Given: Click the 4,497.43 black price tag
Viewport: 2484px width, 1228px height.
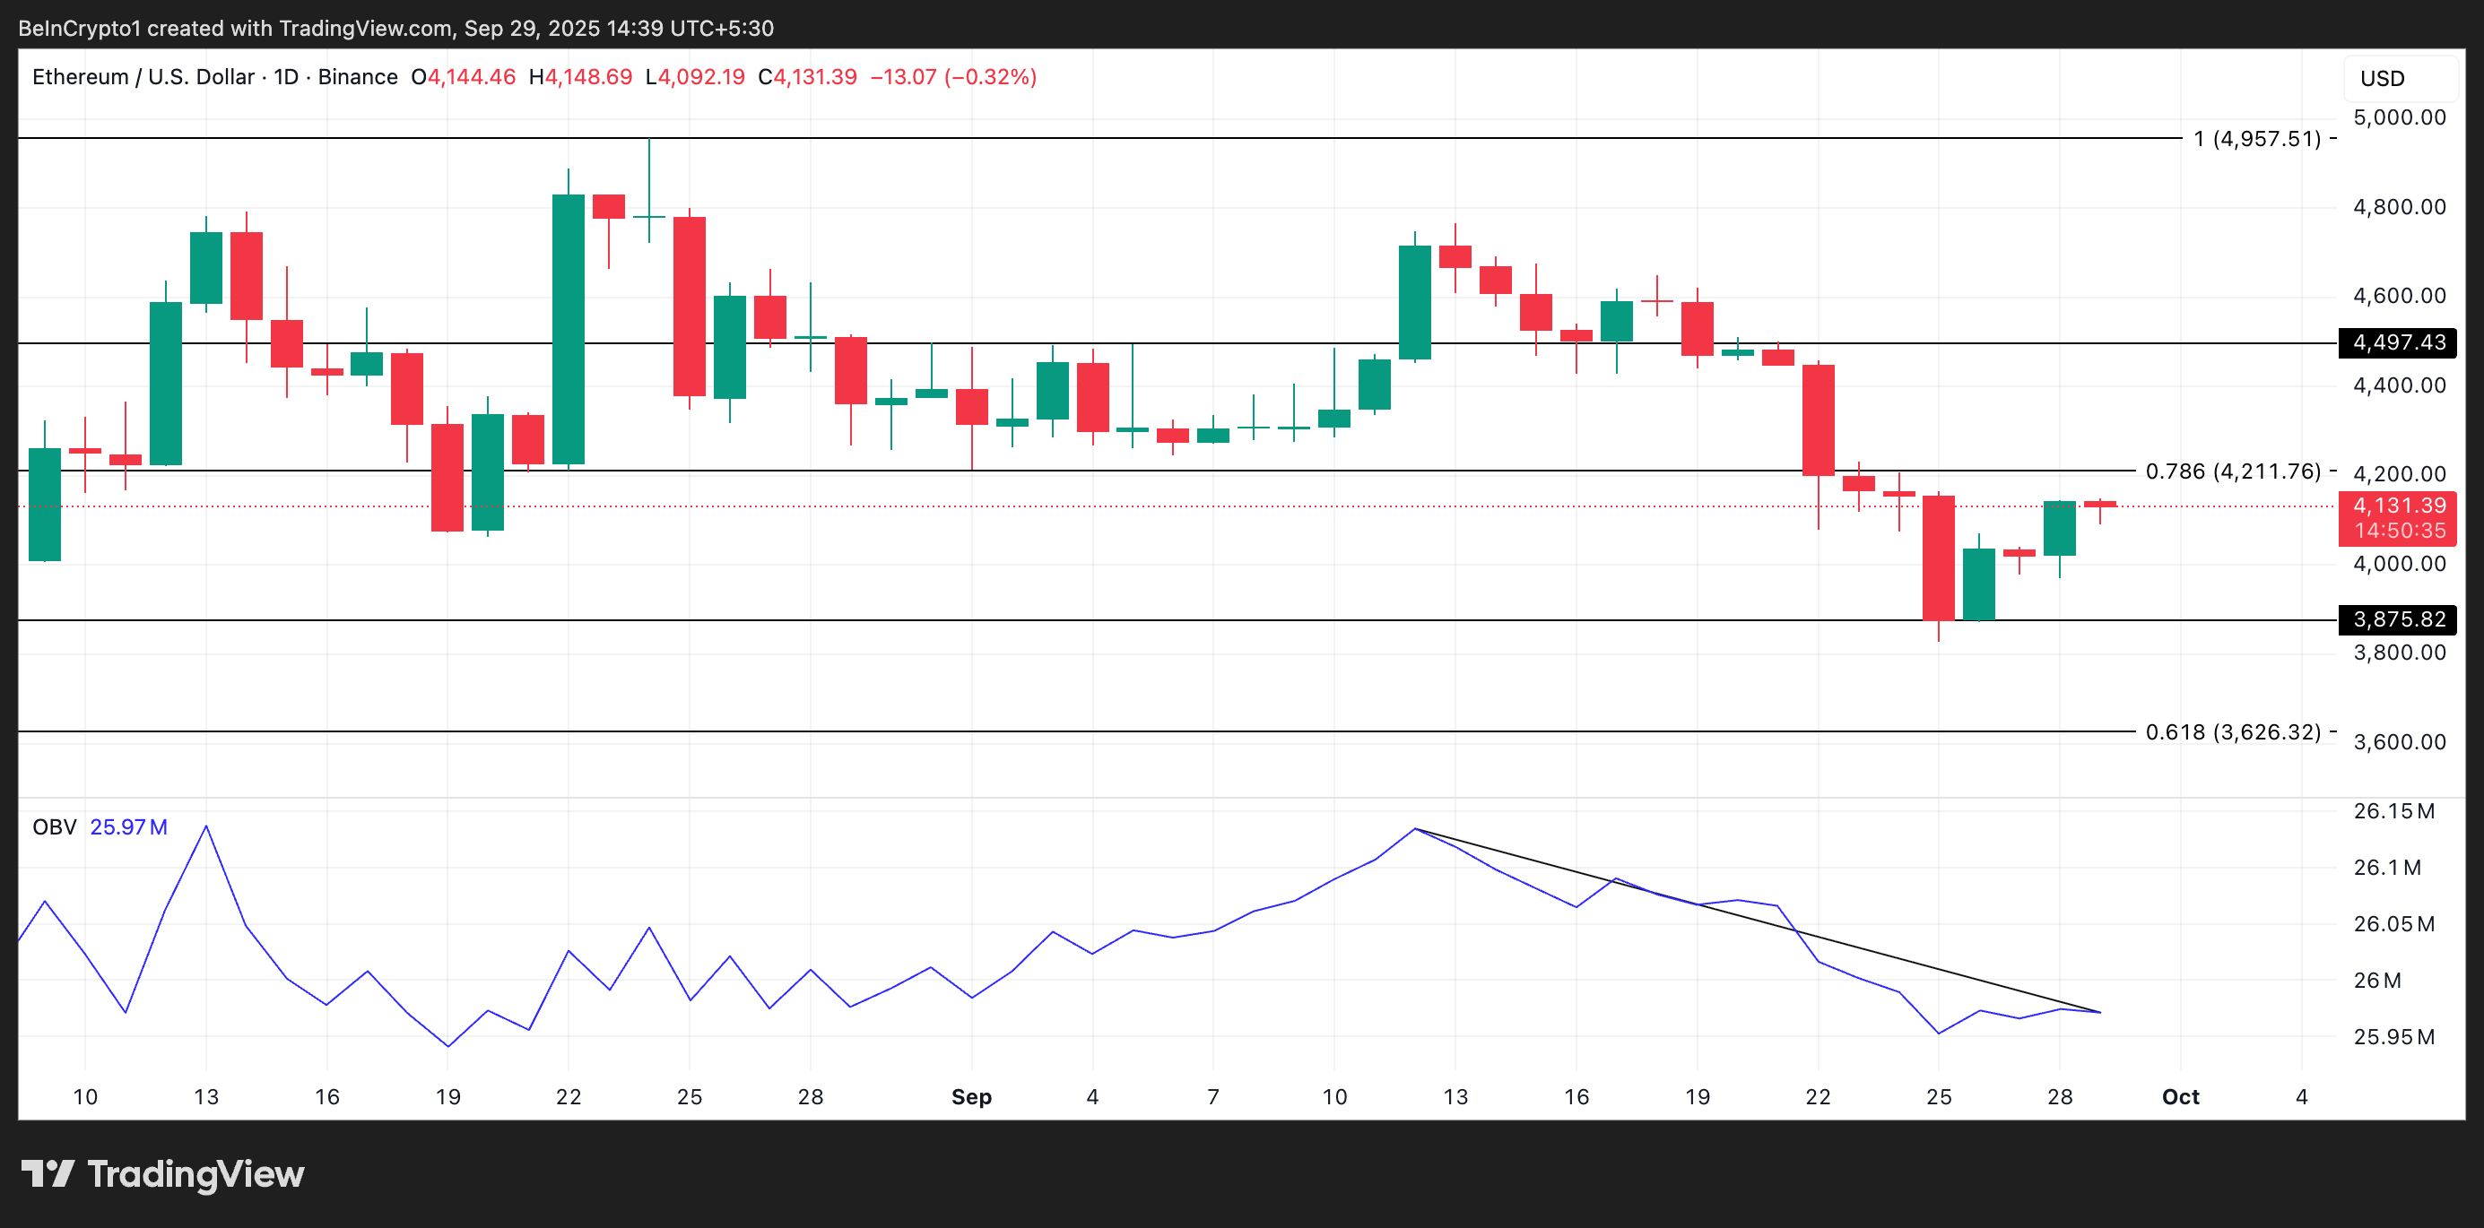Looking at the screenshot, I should pos(2397,342).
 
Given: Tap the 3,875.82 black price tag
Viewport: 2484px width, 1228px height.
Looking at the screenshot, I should pos(2397,618).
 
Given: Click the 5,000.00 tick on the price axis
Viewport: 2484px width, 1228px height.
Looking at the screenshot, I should pos(2399,117).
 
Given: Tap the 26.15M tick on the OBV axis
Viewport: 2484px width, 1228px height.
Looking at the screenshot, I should pos(2393,810).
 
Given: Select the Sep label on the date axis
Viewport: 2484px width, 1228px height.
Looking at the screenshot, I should pos(971,1097).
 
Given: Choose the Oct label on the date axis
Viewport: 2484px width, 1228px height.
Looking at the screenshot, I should pos(2180,1097).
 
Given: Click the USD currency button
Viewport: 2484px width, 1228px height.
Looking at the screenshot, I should pos(2382,79).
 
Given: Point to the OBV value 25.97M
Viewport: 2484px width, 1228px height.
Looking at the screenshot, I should pos(128,827).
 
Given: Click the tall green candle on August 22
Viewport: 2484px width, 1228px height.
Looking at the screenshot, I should pos(568,328).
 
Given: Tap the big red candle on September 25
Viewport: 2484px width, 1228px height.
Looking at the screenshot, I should pos(1938,558).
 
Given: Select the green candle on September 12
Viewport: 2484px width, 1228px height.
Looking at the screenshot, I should pos(1414,302).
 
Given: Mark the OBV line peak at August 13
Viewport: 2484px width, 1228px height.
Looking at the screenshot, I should pos(206,826).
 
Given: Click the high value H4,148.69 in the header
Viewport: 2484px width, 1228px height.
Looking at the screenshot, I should pos(580,77).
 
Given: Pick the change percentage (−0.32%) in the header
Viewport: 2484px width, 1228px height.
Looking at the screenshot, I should pos(990,77).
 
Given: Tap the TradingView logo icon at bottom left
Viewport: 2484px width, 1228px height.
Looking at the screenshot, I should pos(48,1173).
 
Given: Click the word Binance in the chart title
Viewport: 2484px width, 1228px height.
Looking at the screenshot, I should pos(358,77).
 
